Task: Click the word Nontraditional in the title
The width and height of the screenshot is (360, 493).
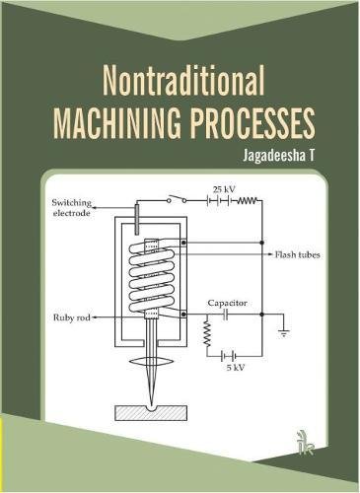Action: tap(180, 81)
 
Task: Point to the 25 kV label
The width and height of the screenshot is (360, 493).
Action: tap(223, 188)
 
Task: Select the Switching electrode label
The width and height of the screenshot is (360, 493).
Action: tap(74, 210)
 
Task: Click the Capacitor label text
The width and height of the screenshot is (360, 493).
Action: tap(226, 302)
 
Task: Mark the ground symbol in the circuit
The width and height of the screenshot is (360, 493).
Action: tap(284, 332)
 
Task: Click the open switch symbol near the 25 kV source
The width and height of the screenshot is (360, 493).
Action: tap(179, 200)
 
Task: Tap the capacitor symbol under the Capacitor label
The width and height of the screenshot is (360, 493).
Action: tap(226, 317)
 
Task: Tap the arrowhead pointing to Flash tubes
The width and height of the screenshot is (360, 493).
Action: tap(267, 254)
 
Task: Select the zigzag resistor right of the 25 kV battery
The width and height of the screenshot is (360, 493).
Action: tap(248, 200)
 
